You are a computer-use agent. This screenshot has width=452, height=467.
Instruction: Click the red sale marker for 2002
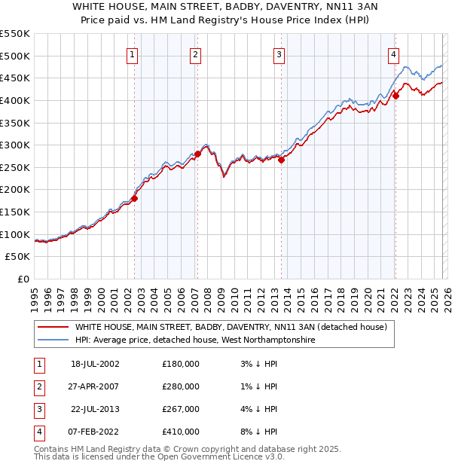tap(135, 198)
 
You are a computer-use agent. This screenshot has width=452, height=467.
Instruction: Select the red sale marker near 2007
tap(197, 154)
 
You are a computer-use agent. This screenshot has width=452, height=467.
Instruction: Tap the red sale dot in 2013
tap(281, 160)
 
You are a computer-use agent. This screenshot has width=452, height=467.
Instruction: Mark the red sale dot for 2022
tap(395, 96)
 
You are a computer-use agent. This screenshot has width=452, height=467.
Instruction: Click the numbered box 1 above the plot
tap(133, 53)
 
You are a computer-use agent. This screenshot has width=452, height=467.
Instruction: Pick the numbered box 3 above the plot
tap(279, 53)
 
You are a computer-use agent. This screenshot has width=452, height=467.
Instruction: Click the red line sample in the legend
tap(53, 327)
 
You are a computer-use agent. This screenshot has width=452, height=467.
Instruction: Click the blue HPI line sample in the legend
tap(53, 340)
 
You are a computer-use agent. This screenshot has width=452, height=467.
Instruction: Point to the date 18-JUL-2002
tap(95, 363)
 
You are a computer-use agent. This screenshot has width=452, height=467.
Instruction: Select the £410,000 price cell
tap(181, 432)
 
